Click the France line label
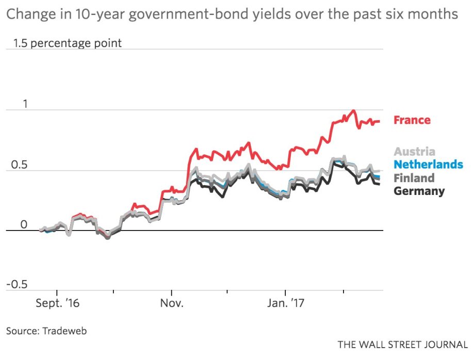tap(412, 120)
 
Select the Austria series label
tap(414, 152)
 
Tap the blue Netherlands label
tap(428, 165)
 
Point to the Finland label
tap(414, 178)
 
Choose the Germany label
tap(419, 191)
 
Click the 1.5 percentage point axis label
tap(68, 43)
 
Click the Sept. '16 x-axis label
tap(57, 303)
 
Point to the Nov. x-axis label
tap(171, 303)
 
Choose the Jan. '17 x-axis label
tap(285, 303)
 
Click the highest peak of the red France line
tap(353, 110)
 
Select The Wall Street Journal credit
tap(403, 344)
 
